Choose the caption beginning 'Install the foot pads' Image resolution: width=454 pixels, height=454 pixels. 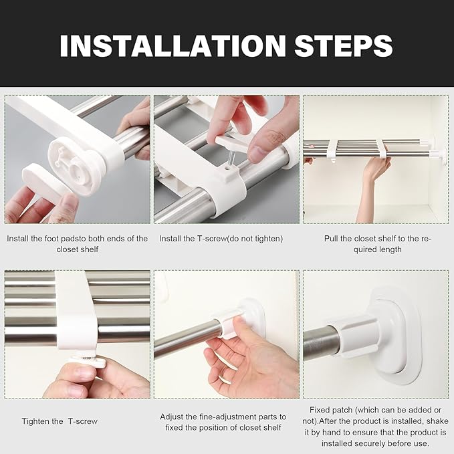click(78, 243)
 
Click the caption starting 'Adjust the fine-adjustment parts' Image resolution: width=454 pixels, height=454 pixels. click(223, 421)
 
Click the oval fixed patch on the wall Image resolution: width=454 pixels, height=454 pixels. click(399, 334)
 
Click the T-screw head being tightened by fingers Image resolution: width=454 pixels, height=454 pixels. click(88, 362)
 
